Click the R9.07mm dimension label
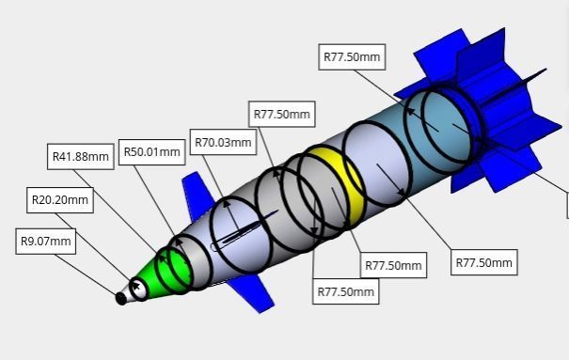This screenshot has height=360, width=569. (46, 242)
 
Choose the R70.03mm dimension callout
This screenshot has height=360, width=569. (223, 143)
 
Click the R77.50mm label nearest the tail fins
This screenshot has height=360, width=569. (352, 56)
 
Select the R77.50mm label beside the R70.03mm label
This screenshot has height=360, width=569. (281, 115)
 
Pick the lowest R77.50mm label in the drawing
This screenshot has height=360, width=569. (345, 292)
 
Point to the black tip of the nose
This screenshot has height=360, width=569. (120, 299)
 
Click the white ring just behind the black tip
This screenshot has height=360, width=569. (139, 288)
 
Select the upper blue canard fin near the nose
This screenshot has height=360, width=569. (198, 191)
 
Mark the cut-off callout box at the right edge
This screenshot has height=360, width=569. (566, 205)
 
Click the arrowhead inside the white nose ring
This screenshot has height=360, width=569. (137, 285)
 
